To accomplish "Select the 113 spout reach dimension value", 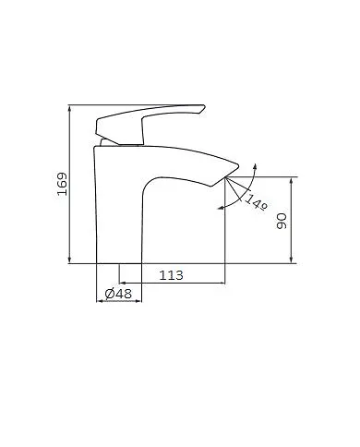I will coord(171,274).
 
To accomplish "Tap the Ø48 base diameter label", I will coord(119,293).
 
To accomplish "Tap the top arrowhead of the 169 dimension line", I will coord(69,108).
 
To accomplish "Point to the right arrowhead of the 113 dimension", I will coord(222,283).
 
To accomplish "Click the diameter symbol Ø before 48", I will coord(110,293).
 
